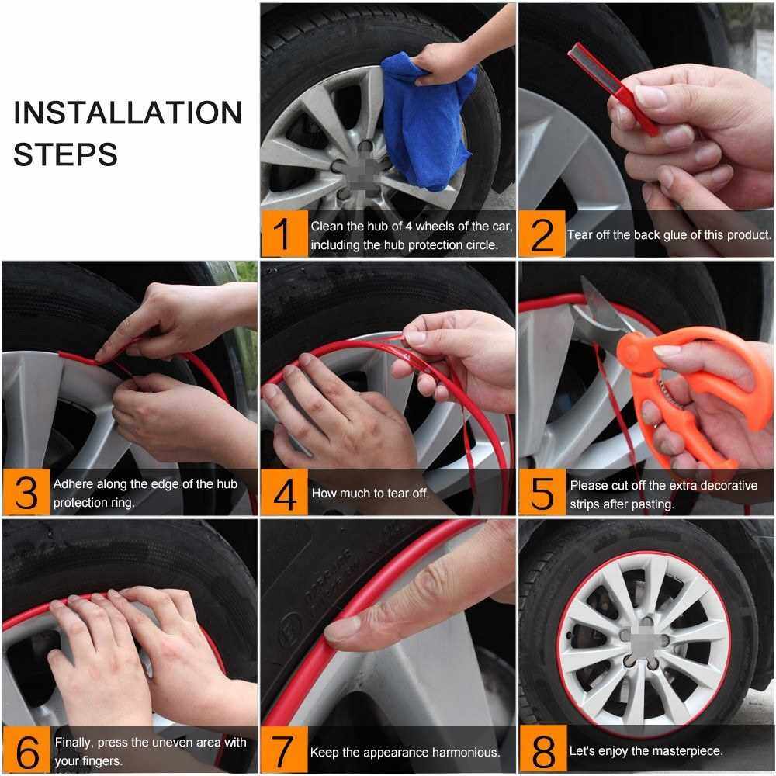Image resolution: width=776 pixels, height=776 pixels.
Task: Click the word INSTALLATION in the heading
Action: pos(128,113)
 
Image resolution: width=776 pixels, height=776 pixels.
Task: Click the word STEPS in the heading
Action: pos(65,154)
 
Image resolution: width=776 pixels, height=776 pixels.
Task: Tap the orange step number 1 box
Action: pos(285,234)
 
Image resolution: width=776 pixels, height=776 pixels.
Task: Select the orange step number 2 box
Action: pos(542,234)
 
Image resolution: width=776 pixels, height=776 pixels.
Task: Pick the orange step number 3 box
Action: pos(26,492)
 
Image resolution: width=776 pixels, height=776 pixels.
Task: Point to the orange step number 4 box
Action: pos(285,492)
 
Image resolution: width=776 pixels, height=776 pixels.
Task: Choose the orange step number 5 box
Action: pos(542,492)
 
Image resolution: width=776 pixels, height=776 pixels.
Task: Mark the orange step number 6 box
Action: pos(26,750)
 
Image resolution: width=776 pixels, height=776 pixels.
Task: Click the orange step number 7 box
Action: pos(285,750)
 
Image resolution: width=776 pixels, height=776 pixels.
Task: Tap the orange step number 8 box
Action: pos(543,750)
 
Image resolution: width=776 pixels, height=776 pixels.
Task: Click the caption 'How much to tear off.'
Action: pos(370,493)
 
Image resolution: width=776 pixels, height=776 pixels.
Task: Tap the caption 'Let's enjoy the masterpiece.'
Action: pos(646,750)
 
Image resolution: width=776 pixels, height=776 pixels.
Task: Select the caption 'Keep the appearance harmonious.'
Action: pos(405,752)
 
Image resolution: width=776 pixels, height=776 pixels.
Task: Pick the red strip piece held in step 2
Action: pos(613,88)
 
